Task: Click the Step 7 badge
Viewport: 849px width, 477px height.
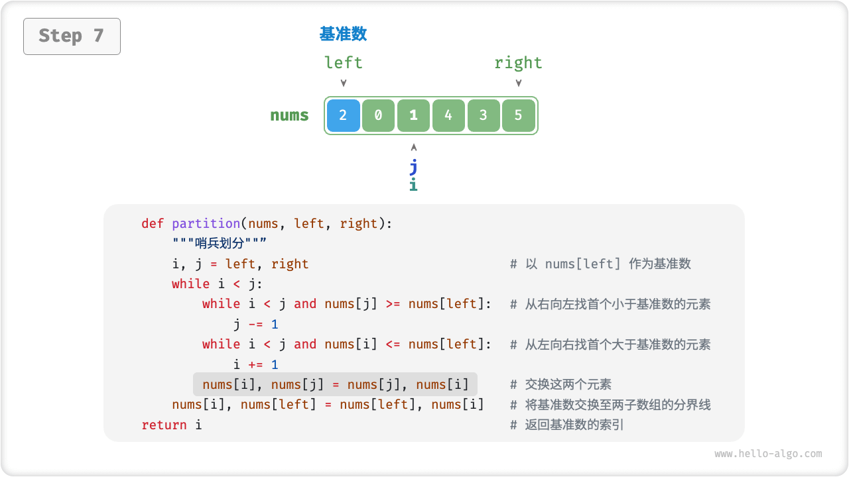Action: (x=72, y=36)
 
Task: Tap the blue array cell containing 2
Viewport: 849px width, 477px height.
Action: (x=343, y=115)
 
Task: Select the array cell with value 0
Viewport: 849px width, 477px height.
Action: (x=378, y=115)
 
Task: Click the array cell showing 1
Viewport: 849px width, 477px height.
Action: (x=413, y=115)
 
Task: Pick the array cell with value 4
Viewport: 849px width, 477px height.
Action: (x=448, y=115)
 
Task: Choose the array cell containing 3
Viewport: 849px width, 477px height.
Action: (x=484, y=115)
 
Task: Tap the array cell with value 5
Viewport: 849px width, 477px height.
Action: (x=519, y=115)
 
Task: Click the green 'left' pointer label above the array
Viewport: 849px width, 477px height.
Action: (x=344, y=63)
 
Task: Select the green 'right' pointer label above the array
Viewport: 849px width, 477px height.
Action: (x=518, y=63)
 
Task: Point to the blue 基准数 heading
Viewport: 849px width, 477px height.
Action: (x=343, y=34)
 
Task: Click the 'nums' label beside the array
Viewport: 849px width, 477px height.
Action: (x=289, y=115)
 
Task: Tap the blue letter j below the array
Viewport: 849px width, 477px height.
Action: (x=413, y=166)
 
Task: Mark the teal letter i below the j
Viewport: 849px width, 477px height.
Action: (x=413, y=185)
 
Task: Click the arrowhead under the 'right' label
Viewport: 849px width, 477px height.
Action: (x=519, y=83)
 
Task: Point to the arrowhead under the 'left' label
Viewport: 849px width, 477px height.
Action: (x=344, y=83)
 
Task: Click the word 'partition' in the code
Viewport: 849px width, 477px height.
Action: (x=206, y=223)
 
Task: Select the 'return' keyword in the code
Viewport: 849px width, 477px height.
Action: (x=164, y=425)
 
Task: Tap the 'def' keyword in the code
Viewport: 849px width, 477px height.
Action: (x=153, y=223)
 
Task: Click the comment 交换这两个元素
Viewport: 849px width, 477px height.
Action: (x=568, y=384)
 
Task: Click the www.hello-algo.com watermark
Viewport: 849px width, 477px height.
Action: (x=768, y=454)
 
